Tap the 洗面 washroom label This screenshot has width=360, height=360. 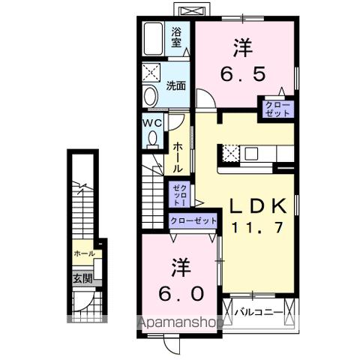176,85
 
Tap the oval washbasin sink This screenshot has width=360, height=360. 151,97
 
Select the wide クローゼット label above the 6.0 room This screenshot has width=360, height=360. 193,220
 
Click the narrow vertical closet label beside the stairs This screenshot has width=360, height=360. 177,195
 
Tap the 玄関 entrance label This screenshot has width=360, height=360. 82,278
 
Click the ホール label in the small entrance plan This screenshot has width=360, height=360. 84,254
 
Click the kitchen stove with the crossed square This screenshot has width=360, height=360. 231,152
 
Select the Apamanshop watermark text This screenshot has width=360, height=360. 180,325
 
